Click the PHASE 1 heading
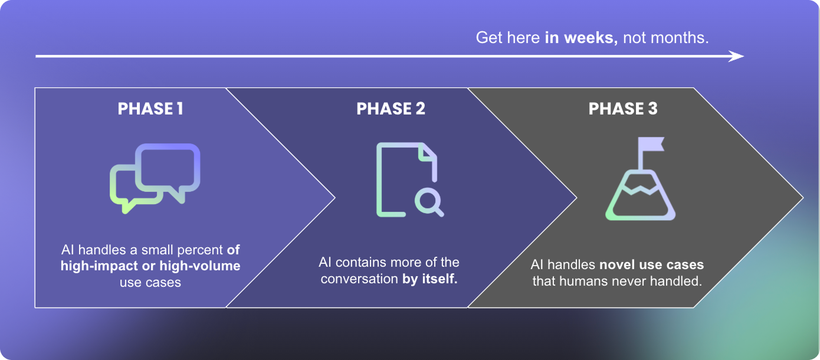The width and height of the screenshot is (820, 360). click(x=150, y=109)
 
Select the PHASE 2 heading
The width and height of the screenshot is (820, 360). click(x=391, y=109)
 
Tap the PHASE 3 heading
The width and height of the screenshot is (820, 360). click(x=623, y=109)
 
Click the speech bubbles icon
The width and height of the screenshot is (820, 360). click(x=155, y=177)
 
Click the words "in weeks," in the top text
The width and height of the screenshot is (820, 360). click(x=581, y=38)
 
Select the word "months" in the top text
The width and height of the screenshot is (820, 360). click(x=684, y=38)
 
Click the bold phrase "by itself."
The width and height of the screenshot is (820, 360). click(x=430, y=279)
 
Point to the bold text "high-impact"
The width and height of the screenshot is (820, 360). click(x=94, y=266)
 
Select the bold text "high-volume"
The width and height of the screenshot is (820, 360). click(x=200, y=266)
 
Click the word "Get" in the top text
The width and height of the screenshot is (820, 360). click(x=488, y=38)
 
